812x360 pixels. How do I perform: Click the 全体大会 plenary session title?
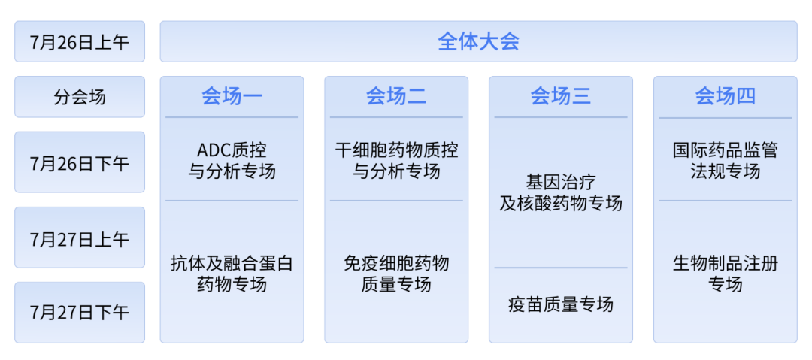[x=478, y=41]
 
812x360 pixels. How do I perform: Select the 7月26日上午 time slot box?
[x=80, y=41]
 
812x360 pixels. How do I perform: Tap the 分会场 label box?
[x=80, y=97]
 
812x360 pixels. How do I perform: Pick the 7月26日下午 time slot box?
[x=80, y=162]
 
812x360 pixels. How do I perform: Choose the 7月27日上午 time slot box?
[x=80, y=237]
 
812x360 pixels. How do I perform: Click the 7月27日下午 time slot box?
[x=80, y=313]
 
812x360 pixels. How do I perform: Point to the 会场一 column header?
[x=232, y=96]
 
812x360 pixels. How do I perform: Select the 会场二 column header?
[x=396, y=96]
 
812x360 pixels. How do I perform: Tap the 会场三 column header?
[x=561, y=96]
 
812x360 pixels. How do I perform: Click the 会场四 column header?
[x=725, y=96]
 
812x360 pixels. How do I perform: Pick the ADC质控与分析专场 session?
[x=232, y=161]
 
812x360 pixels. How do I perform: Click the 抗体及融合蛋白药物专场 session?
[x=232, y=274]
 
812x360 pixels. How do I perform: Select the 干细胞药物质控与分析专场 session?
[x=396, y=161]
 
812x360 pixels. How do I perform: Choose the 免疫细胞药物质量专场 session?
[x=396, y=274]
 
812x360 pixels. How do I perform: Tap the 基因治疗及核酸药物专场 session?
[x=561, y=192]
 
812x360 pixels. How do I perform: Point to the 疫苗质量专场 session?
[x=561, y=304]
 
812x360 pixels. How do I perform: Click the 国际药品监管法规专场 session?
[x=725, y=161]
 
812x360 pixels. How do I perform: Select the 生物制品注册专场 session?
[x=725, y=274]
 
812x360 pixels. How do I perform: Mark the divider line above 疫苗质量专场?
[x=561, y=268]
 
